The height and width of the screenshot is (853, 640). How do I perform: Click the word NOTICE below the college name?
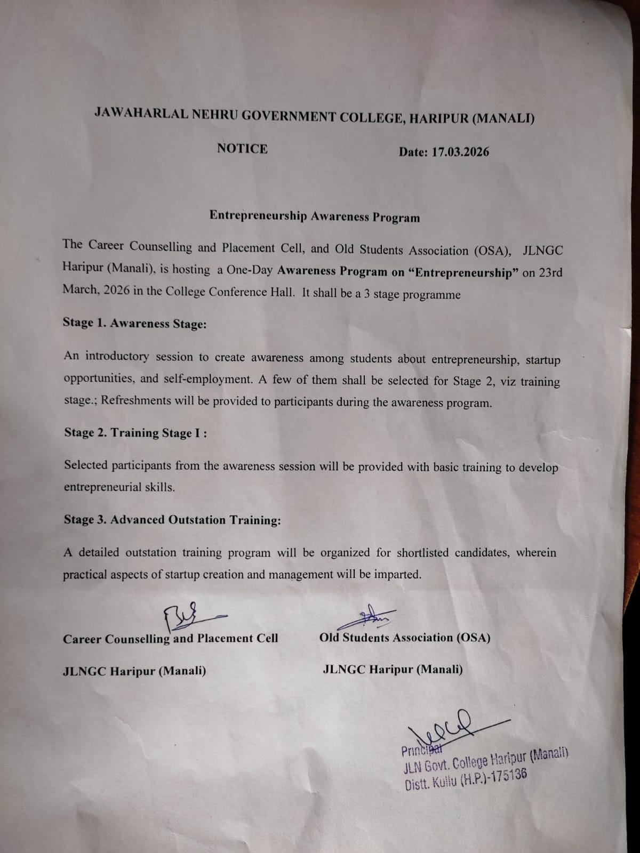coord(242,149)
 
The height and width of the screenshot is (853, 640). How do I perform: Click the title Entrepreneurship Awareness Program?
coord(314,216)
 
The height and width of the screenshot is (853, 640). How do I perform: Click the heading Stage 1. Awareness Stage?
coord(135,324)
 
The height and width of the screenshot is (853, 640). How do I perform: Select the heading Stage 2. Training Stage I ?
coord(135,432)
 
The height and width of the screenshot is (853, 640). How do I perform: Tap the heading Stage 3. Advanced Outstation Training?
coord(172,520)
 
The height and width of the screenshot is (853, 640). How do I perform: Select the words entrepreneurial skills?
coord(119,487)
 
